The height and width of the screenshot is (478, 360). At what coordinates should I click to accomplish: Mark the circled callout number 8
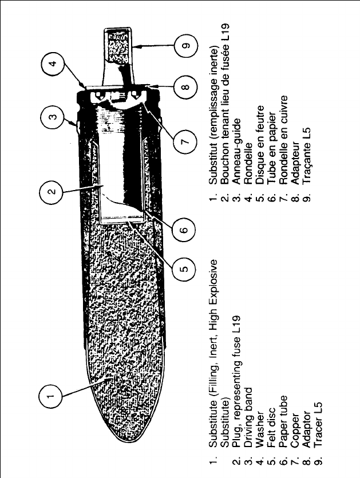coord(183,88)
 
